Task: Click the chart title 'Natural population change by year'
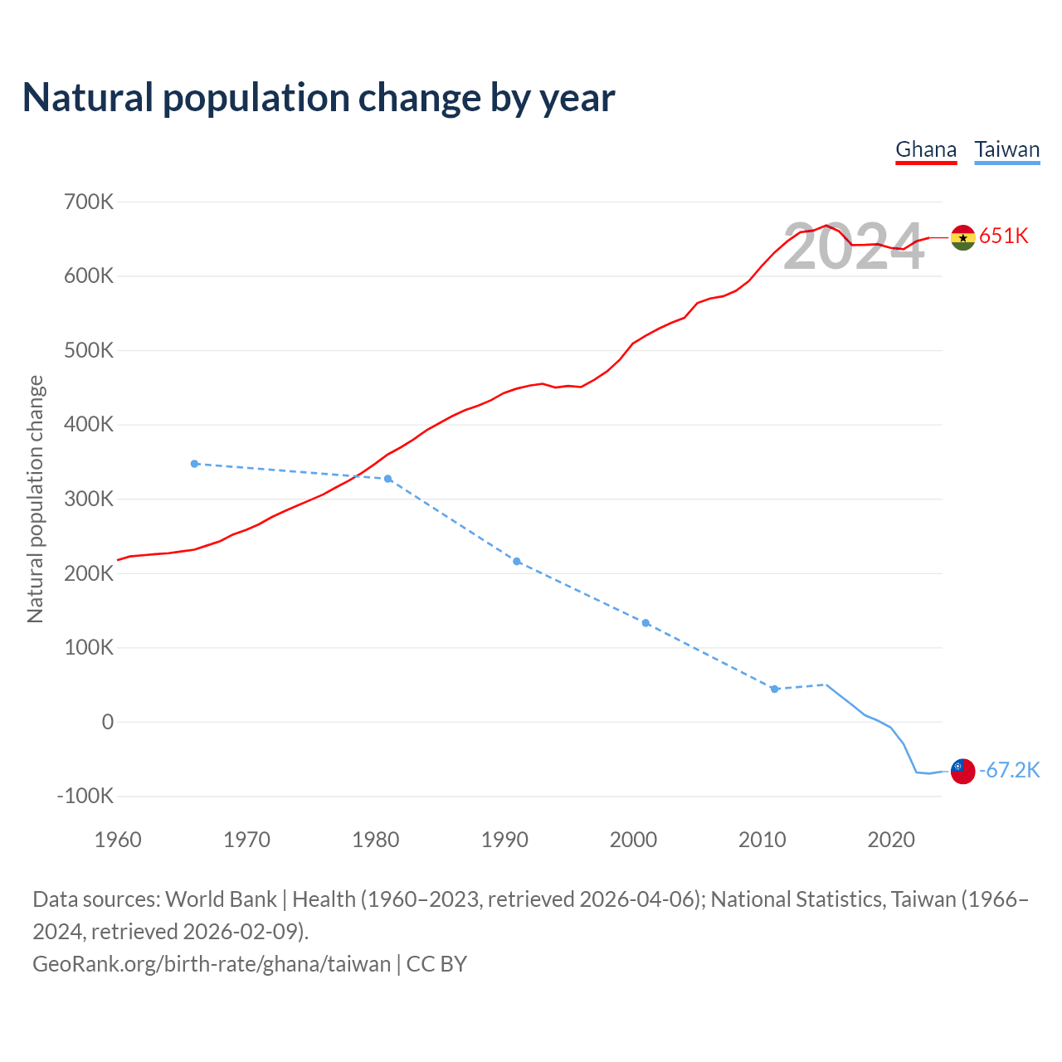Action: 319,98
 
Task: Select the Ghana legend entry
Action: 926,150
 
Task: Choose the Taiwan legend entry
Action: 1006,150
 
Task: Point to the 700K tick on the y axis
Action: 89,202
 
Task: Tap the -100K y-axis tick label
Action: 85,796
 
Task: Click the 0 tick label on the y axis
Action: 107,722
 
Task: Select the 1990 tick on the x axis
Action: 504,840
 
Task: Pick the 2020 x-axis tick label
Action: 891,840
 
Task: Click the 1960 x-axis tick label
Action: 118,840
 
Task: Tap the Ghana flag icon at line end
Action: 962,237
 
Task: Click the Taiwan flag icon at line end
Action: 962,771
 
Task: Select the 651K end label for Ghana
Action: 1004,236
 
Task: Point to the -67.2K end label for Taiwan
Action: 1009,771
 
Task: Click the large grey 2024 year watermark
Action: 853,246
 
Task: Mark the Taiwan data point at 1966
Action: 195,464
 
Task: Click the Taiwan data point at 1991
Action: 517,562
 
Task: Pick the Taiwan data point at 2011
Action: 774,689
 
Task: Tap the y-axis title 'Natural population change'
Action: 36,499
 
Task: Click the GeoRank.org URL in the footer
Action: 212,964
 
